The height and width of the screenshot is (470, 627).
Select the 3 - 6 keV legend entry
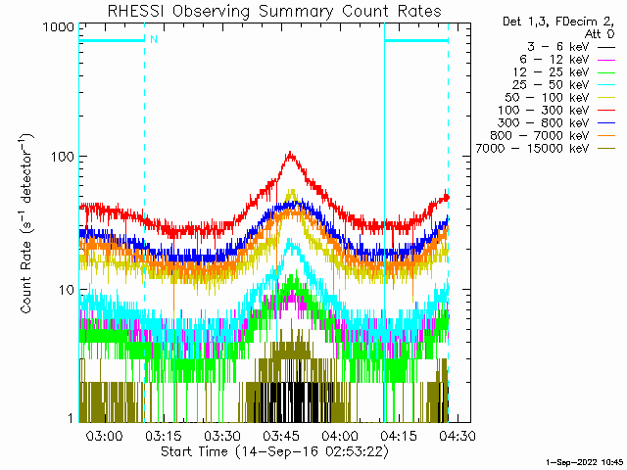pyautogui.click(x=557, y=46)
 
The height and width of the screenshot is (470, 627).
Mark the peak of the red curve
pyautogui.click(x=290, y=153)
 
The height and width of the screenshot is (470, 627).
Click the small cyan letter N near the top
pyautogui.click(x=153, y=40)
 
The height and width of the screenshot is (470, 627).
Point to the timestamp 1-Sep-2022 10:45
pyautogui.click(x=584, y=460)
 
